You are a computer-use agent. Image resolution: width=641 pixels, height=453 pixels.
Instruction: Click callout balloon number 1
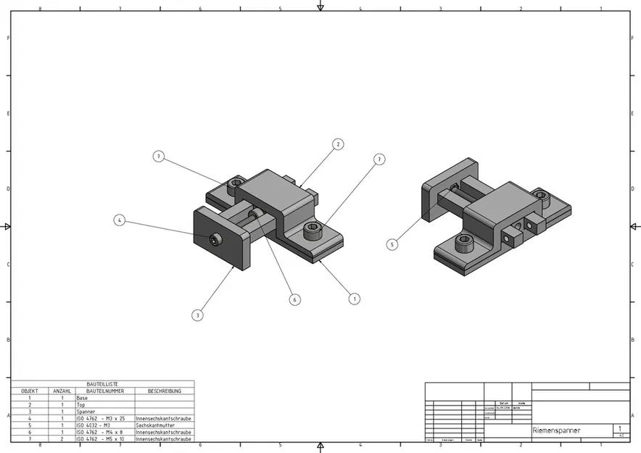click(x=354, y=298)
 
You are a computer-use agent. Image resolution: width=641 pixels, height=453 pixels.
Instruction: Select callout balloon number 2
click(x=338, y=144)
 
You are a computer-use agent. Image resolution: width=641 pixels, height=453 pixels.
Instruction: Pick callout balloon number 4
click(x=120, y=220)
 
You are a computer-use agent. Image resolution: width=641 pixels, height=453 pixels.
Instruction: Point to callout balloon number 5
click(x=392, y=245)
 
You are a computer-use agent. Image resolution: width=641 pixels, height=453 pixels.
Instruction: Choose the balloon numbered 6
click(x=294, y=299)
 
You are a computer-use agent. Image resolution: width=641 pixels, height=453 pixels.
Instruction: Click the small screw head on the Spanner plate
click(x=215, y=239)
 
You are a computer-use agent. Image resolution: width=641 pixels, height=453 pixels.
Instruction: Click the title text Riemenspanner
click(x=557, y=431)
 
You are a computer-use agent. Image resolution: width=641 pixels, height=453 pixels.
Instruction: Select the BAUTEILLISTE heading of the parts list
click(x=102, y=384)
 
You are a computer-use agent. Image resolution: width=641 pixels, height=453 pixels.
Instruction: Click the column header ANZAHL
click(x=62, y=391)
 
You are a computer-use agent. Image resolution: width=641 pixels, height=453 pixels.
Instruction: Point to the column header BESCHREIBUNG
click(x=164, y=391)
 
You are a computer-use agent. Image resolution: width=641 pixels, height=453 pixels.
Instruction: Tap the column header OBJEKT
click(x=30, y=391)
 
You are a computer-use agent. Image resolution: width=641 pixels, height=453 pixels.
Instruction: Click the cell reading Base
click(x=82, y=398)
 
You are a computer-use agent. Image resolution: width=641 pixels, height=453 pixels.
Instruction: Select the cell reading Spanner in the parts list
click(x=86, y=412)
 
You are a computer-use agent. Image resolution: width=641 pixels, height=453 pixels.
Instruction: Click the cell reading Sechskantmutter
click(x=157, y=425)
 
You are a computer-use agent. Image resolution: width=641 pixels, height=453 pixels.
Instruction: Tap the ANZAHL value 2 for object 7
click(x=62, y=439)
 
